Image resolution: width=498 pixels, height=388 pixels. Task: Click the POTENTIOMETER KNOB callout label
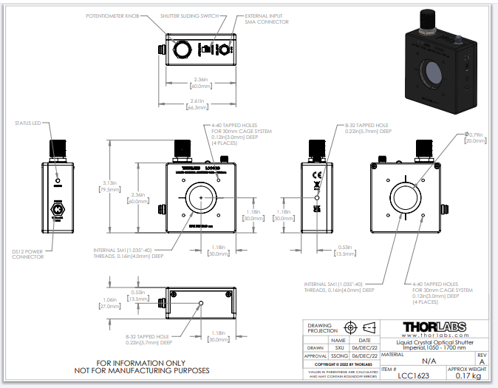tap(112, 15)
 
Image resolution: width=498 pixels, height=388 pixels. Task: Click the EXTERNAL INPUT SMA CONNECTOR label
tap(267, 18)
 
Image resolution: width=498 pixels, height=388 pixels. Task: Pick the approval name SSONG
tap(341, 355)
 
